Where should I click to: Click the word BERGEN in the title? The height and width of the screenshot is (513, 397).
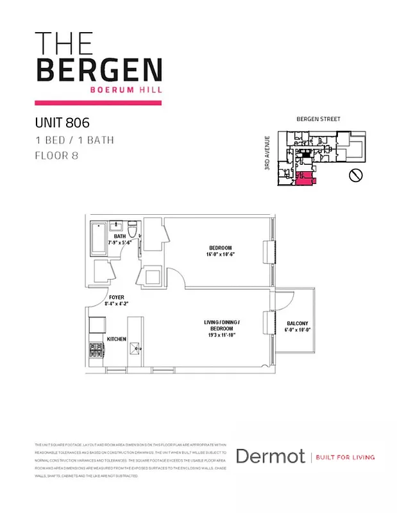[99, 70]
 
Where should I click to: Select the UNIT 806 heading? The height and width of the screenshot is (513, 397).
[62, 122]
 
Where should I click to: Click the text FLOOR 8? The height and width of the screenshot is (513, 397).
[56, 155]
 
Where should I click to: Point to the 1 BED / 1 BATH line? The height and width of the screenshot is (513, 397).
[74, 139]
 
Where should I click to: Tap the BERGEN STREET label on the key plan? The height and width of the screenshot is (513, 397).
[318, 119]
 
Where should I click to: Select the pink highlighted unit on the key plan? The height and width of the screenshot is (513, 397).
[303, 179]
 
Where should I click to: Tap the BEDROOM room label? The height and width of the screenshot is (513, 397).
[220, 248]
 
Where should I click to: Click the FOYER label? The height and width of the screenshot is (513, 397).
[116, 298]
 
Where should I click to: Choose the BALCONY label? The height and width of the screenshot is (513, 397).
[298, 323]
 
